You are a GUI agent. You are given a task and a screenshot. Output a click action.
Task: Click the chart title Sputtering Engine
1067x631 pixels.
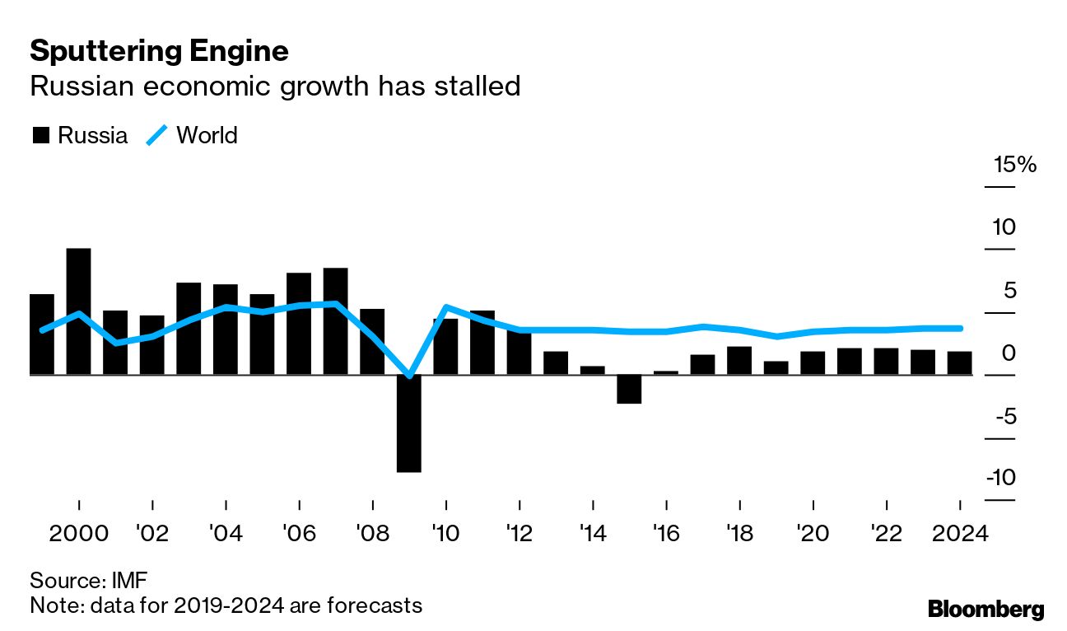[x=159, y=51]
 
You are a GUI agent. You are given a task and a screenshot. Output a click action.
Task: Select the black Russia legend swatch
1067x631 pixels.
[x=40, y=136]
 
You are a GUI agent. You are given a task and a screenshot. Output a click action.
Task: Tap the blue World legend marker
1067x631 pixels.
[x=157, y=135]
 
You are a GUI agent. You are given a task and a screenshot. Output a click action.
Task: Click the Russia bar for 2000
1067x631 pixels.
[x=79, y=311]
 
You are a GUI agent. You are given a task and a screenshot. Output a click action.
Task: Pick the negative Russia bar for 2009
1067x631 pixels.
[x=409, y=423]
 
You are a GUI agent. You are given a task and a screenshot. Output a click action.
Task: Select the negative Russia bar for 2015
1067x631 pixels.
[x=629, y=389]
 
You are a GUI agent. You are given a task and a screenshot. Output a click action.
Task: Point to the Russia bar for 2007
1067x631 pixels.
[x=335, y=321]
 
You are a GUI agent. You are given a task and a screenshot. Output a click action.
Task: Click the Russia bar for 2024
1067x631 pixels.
[x=959, y=363]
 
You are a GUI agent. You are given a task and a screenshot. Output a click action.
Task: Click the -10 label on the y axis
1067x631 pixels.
[x=1013, y=478]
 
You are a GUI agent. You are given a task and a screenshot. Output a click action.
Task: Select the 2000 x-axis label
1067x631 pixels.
[x=79, y=533]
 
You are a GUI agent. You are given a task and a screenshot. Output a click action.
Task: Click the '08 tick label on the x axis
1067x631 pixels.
[x=373, y=533]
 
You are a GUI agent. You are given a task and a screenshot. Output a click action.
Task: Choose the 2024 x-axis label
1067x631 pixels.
[x=959, y=533]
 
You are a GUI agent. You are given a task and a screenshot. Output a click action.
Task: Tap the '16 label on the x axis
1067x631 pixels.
[x=666, y=533]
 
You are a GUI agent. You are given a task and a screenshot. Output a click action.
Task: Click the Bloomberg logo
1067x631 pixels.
[x=985, y=610]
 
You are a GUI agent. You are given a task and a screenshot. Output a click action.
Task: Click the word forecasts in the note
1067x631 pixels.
[x=370, y=605]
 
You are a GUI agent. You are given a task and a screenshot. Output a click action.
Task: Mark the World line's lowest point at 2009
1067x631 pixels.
[x=409, y=376]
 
